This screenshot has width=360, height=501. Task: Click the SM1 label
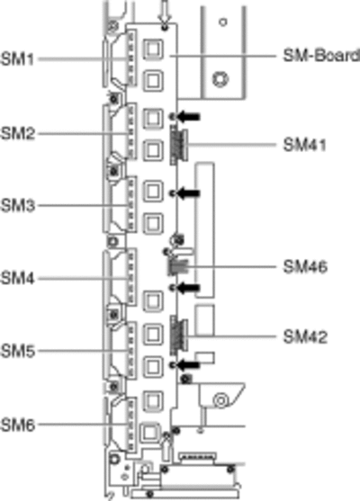(17, 59)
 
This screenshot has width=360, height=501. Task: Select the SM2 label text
(18, 133)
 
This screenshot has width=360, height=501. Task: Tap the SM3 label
(18, 205)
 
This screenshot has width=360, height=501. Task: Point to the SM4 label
(18, 278)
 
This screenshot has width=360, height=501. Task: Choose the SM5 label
(18, 351)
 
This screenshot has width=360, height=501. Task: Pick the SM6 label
(18, 425)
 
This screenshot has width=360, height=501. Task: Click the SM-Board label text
(321, 56)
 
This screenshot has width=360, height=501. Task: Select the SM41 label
(305, 145)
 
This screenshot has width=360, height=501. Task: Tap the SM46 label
(305, 266)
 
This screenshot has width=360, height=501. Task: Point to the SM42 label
(305, 336)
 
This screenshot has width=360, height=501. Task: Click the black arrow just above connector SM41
(189, 117)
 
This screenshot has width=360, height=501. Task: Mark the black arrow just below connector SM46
(189, 288)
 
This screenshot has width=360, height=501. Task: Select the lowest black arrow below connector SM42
(189, 364)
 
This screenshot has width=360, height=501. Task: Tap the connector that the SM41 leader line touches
(178, 145)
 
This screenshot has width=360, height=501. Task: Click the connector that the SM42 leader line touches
(178, 335)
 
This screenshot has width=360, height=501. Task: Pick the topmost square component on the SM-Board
(153, 49)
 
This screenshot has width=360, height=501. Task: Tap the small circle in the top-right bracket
(223, 22)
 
